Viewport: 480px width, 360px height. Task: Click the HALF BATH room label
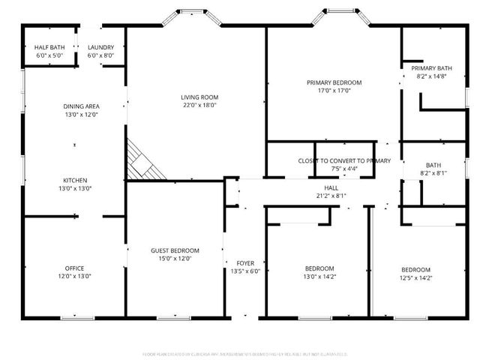click(49, 47)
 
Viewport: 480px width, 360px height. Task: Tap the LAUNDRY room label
click(100, 47)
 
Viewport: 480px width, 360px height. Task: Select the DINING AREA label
click(81, 106)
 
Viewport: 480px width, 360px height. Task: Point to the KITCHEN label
click(75, 180)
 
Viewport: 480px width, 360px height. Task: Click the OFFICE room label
click(74, 268)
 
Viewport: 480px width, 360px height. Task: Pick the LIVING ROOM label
click(198, 97)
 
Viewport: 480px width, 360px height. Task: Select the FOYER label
click(245, 262)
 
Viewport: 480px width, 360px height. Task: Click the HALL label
click(331, 187)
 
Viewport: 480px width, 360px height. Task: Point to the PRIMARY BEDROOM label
click(334, 82)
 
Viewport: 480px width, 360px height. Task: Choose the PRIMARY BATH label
click(431, 67)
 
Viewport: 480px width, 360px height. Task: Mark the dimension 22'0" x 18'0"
click(198, 105)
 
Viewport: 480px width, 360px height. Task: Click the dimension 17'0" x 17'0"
click(334, 91)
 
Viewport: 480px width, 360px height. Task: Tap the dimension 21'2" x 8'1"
click(331, 196)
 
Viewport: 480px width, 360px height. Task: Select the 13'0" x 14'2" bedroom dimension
click(319, 277)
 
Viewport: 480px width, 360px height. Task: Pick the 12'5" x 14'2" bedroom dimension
click(415, 277)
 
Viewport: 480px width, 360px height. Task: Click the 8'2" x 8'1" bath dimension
click(433, 173)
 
